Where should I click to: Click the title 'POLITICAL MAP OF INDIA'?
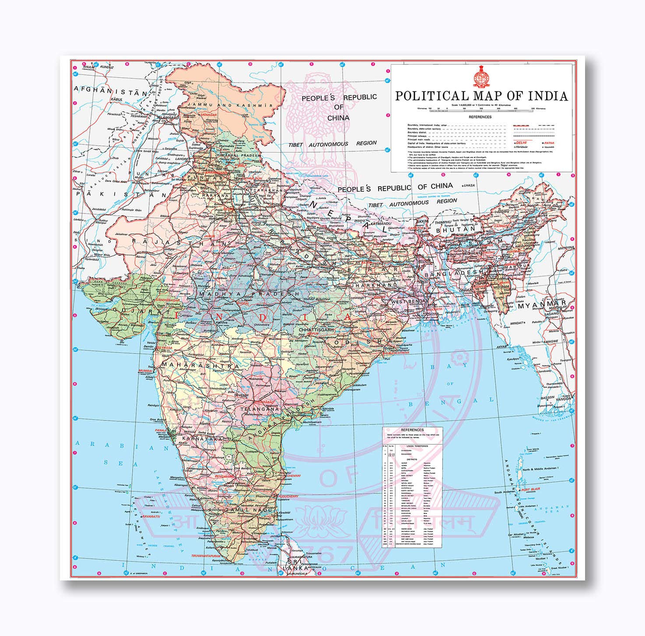481,96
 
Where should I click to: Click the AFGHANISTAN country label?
112,91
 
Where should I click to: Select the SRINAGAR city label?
209,114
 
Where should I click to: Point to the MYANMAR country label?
542,305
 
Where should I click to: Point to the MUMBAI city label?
145,370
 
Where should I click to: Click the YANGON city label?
563,399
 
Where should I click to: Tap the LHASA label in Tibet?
469,185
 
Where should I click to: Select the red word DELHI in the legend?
521,143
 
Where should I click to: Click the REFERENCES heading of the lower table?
412,430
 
